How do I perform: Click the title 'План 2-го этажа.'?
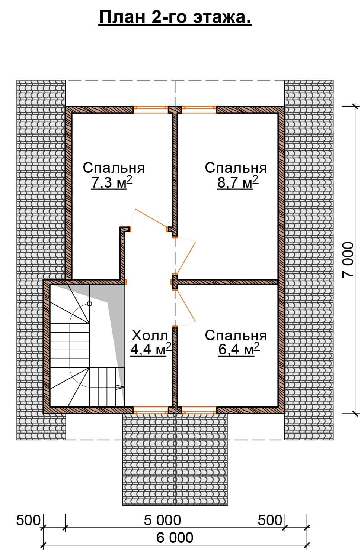tap(175, 17)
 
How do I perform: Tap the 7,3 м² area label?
tap(112, 183)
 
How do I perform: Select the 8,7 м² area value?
tap(237, 183)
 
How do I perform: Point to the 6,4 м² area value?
tap(239, 349)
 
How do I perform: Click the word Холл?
tap(150, 336)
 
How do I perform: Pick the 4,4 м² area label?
tap(151, 349)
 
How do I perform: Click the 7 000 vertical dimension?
tap(348, 260)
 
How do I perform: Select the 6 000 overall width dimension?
tap(175, 537)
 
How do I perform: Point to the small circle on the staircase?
tap(89, 304)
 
